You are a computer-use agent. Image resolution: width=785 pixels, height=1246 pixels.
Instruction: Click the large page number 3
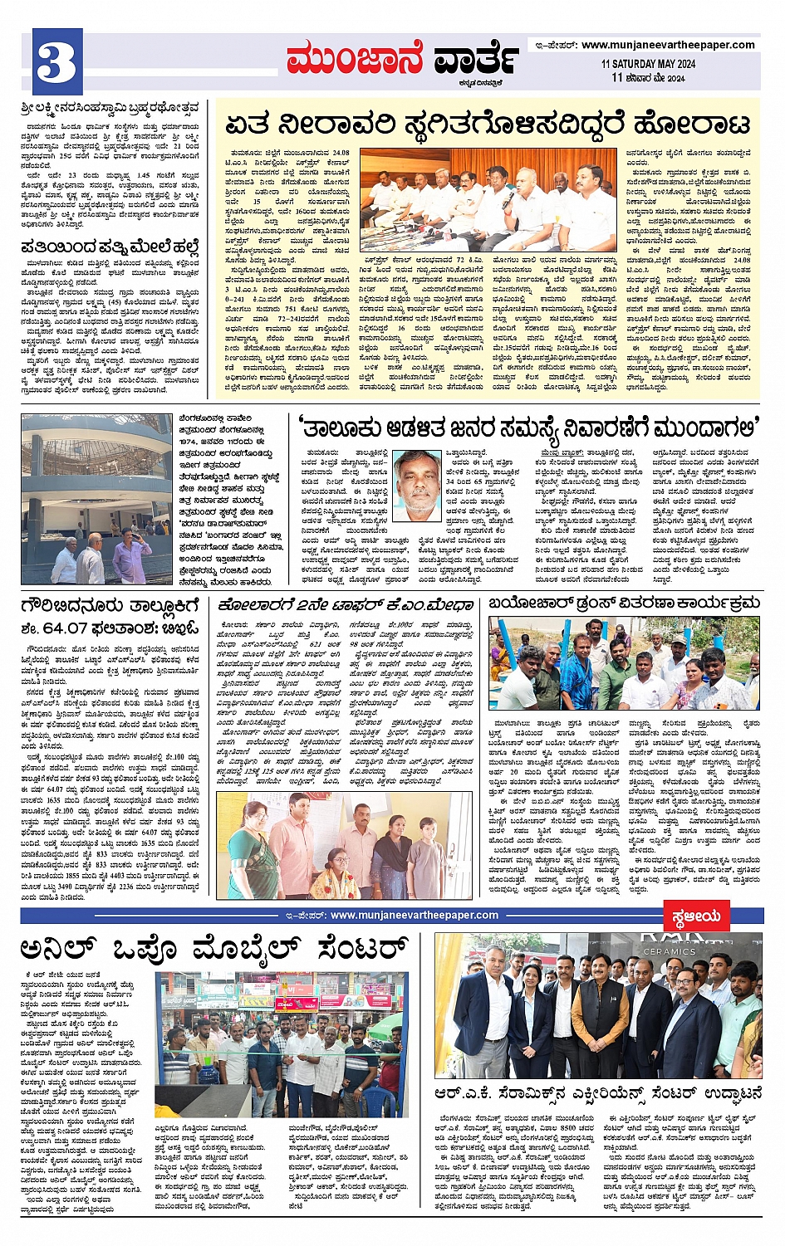[57, 60]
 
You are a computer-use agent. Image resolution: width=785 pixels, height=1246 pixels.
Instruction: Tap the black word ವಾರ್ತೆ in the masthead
[476, 60]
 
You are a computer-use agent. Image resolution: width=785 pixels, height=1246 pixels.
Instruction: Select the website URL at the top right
[668, 45]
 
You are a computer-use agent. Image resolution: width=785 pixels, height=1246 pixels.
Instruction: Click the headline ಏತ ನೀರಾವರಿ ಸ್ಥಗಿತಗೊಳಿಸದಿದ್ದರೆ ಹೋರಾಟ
[487, 125]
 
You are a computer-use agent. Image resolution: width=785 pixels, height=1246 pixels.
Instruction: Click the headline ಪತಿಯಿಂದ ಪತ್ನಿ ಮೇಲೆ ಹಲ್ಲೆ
[110, 246]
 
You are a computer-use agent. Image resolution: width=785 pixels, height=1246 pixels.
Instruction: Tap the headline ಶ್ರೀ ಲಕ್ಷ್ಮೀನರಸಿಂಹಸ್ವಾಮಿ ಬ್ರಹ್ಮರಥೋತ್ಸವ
[110, 107]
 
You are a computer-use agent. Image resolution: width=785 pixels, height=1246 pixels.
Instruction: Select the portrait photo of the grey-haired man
[417, 480]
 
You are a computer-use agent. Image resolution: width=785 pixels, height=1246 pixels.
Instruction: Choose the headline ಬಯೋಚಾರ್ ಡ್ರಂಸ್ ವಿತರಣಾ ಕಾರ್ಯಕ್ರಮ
[623, 603]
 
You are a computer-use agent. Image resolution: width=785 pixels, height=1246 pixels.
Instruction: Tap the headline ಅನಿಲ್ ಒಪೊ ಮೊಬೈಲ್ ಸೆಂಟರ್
[215, 949]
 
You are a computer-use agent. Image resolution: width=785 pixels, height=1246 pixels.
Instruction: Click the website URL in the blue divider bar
[414, 915]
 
